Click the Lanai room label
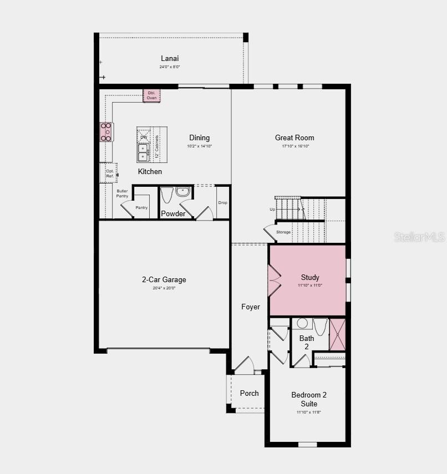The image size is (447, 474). (x=170, y=58)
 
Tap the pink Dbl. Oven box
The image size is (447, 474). (x=151, y=95)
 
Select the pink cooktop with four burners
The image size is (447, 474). (x=105, y=132)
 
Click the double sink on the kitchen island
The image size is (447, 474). (x=143, y=152)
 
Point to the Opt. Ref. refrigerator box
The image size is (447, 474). (x=109, y=173)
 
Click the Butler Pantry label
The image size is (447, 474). (x=122, y=193)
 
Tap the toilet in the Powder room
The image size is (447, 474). (x=167, y=195)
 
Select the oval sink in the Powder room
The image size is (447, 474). (x=182, y=192)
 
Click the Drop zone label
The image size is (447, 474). (x=222, y=203)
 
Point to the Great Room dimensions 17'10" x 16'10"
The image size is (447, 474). (x=294, y=146)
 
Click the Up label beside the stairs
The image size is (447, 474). (x=272, y=210)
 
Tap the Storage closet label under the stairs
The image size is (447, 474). (x=283, y=232)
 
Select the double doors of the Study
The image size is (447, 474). (x=274, y=281)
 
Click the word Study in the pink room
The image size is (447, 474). (x=310, y=277)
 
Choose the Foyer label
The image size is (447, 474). (x=250, y=307)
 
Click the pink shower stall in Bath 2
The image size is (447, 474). (x=337, y=334)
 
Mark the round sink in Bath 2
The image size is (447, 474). (x=302, y=323)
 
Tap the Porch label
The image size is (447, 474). (x=249, y=393)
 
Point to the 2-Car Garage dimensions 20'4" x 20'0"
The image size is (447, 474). (x=164, y=288)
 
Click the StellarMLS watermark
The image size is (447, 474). (x=419, y=237)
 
